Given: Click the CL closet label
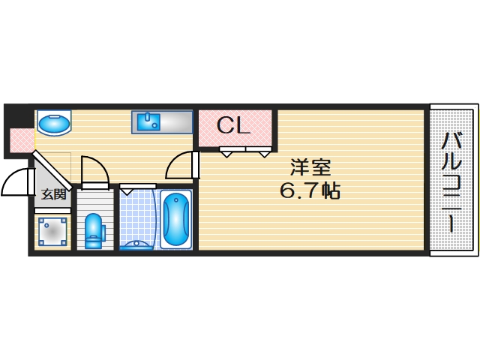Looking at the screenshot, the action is coord(233,125).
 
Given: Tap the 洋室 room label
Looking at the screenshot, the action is coord(310,167).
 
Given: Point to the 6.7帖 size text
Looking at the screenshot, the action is coord(310,190).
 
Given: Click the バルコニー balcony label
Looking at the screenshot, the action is coord(451,181).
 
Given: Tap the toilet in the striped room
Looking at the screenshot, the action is coord(94,231).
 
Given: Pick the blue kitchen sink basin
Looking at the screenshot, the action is coord(148,121).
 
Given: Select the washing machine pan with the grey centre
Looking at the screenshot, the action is coord(52,231).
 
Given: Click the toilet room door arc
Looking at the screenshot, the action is coord(97,168).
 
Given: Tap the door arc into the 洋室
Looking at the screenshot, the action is coord(176,163).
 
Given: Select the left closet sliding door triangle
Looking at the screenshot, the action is coord(226,154).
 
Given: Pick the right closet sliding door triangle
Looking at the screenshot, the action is coord(265,154).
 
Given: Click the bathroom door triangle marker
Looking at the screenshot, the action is coord(127,192).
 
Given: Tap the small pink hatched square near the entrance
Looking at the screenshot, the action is coord(22,140).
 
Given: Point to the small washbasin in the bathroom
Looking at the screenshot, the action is coord(136,244).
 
